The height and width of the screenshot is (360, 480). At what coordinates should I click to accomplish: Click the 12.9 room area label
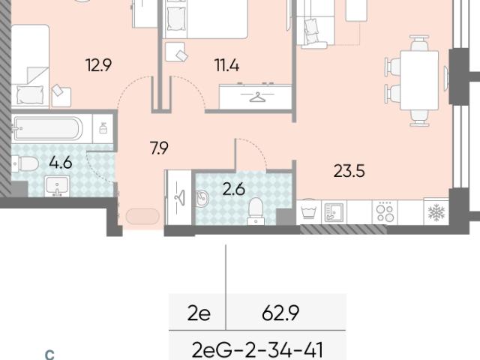coord(99,65)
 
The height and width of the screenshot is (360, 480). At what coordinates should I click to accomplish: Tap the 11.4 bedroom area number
coord(226,65)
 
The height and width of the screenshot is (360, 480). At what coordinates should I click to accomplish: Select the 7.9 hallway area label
coord(159,148)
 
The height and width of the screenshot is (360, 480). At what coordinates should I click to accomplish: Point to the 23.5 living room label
coord(349,171)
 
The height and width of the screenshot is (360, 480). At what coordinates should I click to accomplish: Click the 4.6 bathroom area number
coord(61,162)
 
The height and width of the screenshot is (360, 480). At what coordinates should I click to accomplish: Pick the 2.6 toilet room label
coord(234,189)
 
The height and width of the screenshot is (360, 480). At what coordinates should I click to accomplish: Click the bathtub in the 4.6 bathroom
coord(47,128)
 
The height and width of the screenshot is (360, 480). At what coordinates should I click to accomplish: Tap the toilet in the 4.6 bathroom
coord(25,163)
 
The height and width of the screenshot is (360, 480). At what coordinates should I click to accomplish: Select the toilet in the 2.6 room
coord(256,211)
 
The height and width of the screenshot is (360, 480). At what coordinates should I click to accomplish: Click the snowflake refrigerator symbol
coord(436,212)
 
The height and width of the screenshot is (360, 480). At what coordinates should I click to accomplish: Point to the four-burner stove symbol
coord(385,212)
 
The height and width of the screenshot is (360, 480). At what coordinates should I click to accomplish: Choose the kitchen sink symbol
coord(334,211)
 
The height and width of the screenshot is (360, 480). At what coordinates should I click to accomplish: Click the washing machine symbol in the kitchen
coord(308,211)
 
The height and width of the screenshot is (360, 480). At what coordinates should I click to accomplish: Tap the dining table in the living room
coord(419,80)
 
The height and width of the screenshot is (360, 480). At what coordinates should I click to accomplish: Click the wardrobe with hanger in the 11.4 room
coord(255,97)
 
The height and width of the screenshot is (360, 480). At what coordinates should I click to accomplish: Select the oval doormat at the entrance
coord(142,216)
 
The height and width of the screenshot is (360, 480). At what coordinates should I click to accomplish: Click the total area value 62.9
coord(280,313)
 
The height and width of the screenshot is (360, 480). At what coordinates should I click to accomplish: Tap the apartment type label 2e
coord(199,313)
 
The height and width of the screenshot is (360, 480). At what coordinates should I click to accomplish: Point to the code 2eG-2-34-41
coord(257,351)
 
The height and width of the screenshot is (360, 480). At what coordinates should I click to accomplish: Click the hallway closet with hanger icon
coord(178,198)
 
